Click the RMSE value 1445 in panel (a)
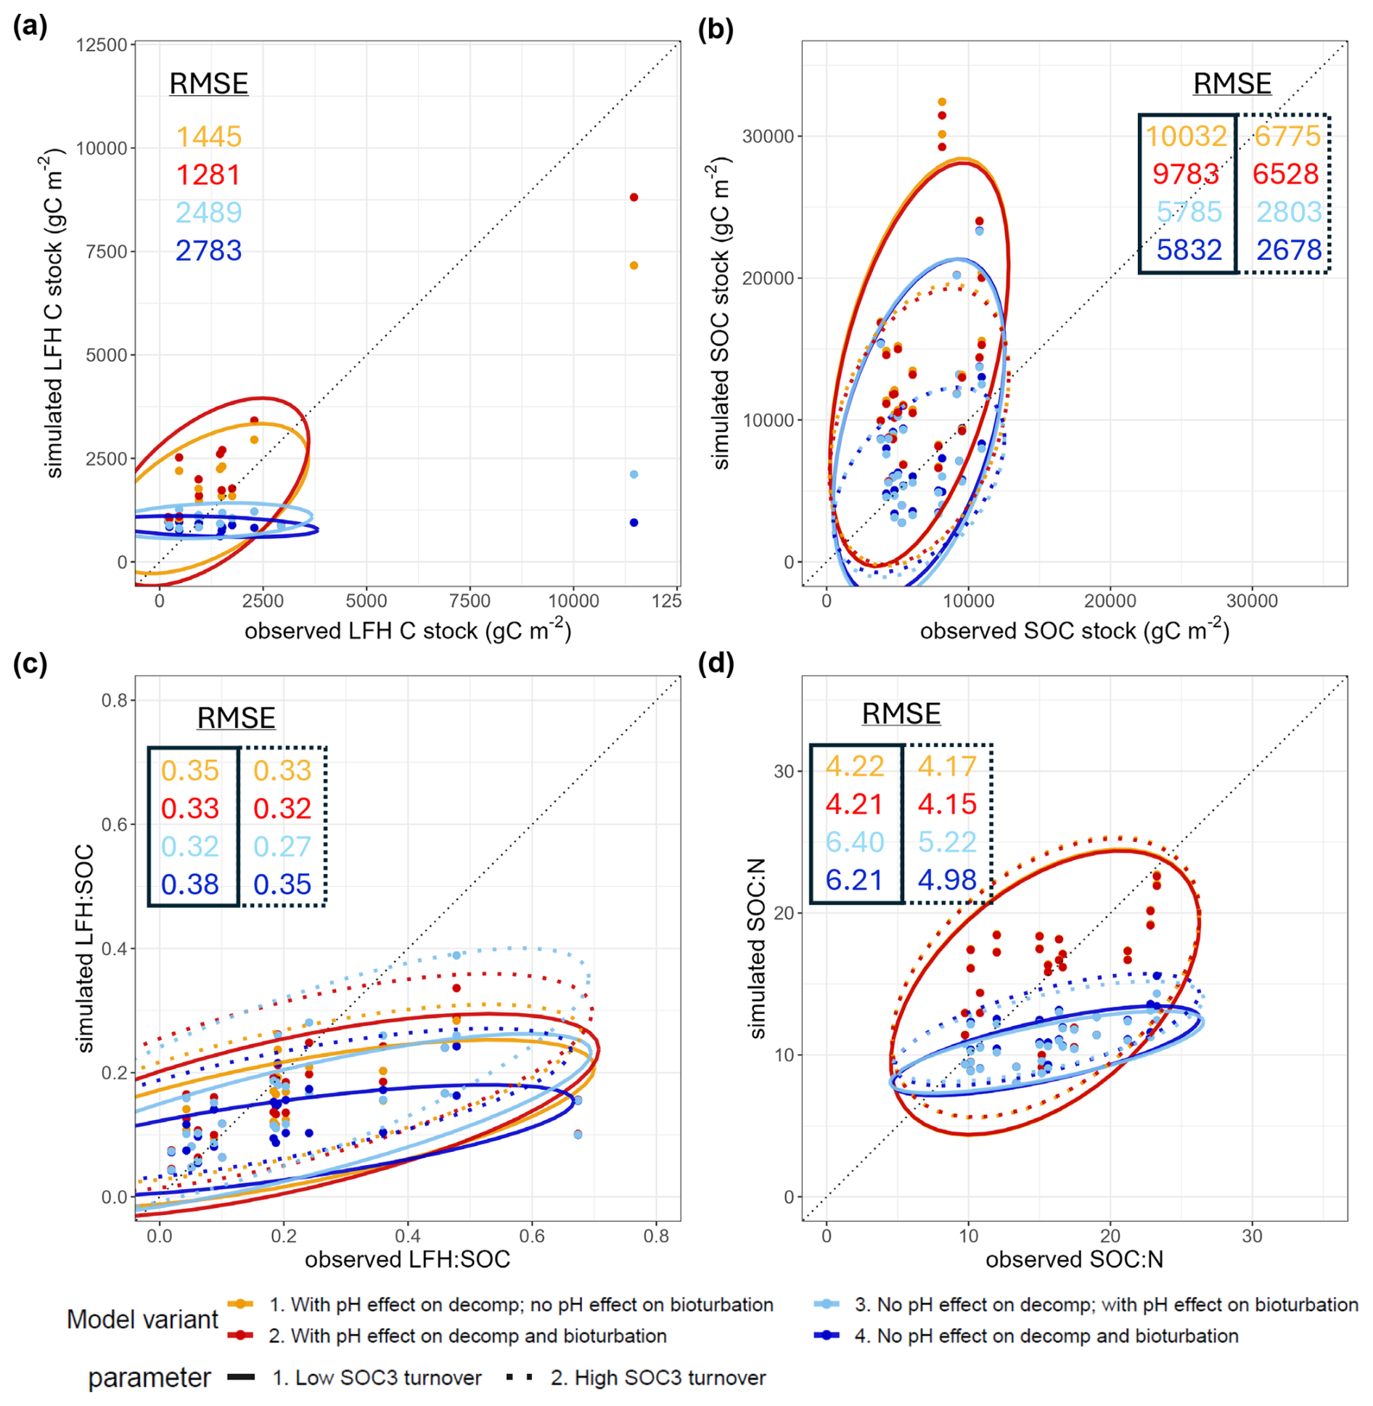209,136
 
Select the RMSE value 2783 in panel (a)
209,250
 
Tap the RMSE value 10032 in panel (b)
1186,136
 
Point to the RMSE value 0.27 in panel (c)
282,846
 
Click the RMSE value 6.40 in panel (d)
855,842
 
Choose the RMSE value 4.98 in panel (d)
947,880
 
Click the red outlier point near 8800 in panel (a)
634,197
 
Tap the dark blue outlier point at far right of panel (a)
634,523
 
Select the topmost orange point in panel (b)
942,102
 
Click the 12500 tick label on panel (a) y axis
102,45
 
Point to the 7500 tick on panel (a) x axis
470,601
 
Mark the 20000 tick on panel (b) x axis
1110,601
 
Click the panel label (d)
716,663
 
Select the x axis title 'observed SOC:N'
1074,1259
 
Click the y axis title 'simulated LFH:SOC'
86,949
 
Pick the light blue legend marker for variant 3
827,1304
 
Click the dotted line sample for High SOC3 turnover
520,1377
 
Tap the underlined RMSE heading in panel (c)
236,718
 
